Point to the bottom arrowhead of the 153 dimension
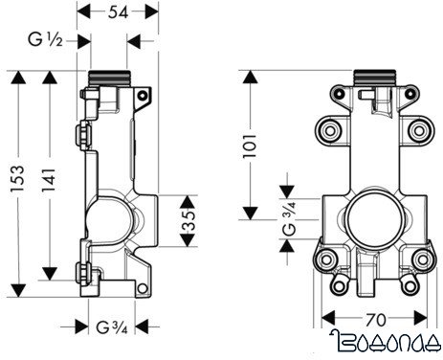[x=17, y=284]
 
